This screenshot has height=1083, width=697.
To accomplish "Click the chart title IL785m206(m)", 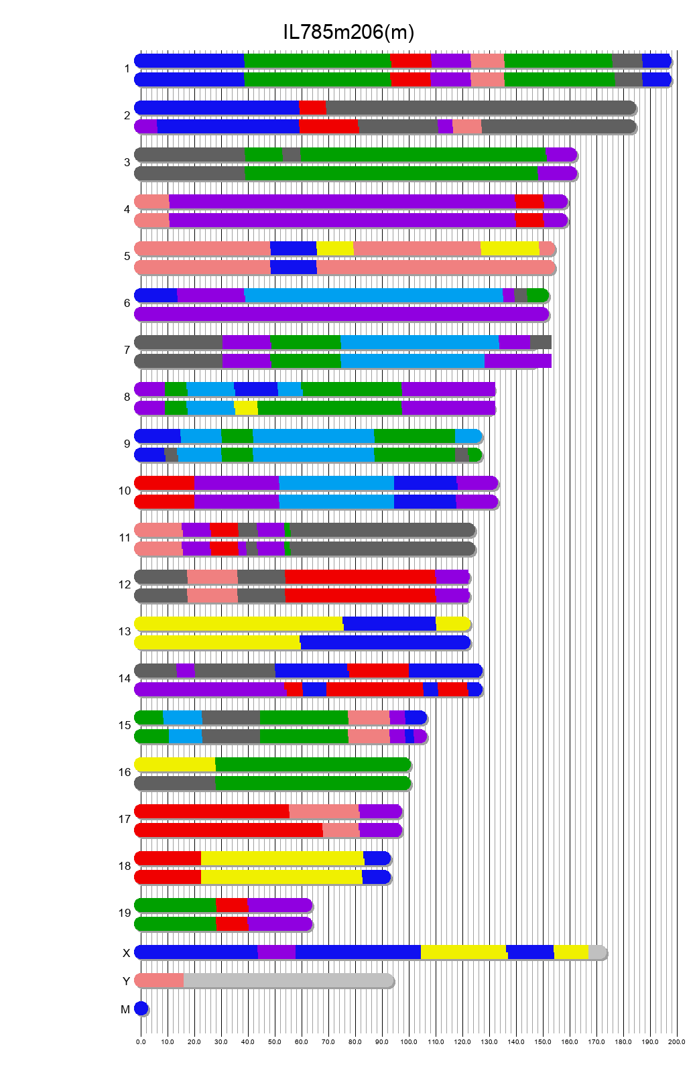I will coord(348,31).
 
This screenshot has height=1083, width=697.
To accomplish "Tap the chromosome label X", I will coord(126,953).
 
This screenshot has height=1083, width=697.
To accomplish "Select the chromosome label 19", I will coord(125,913).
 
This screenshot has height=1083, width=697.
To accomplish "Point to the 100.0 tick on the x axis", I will coord(409,1041).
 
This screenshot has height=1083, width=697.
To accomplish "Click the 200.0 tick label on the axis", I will coord(677,1041).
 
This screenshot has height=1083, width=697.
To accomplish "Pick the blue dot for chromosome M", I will coord(141,1008).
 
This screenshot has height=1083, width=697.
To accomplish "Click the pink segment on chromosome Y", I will coord(160,980).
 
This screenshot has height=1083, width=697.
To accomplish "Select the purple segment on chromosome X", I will coord(276,952).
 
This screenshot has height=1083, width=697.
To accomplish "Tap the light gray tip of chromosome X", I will coord(596,952).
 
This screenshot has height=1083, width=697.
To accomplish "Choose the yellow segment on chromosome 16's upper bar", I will coord(175,765).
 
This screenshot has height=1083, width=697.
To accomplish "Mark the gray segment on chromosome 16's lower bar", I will coord(175,783).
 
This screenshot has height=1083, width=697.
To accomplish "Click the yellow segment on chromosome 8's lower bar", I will coord(246,408).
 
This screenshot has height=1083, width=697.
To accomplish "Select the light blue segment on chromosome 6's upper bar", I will coord(373,296).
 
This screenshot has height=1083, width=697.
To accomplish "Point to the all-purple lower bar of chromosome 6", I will coord(342,314).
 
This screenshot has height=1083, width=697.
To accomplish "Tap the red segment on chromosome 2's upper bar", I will coord(312,108).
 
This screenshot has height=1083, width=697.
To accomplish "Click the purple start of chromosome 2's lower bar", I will coord(146,127).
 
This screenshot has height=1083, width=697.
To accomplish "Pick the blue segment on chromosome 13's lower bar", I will coord(385,643).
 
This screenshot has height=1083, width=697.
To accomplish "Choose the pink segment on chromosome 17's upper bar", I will coord(324,812).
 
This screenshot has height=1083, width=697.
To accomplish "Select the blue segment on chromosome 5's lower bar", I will coord(294,267).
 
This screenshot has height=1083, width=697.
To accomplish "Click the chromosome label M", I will coord(125,1009).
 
